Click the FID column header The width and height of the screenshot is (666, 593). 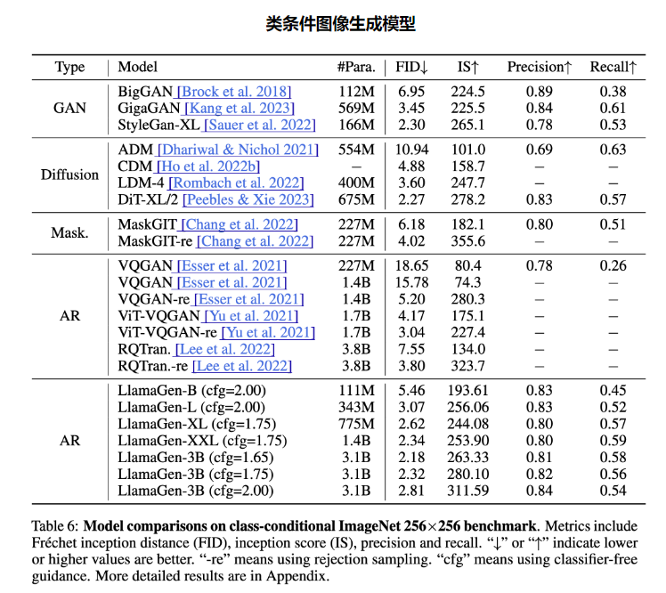pos(411,68)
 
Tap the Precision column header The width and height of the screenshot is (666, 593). pos(539,68)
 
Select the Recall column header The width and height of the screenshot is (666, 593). pos(613,68)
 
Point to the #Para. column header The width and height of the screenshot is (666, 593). pos(355,68)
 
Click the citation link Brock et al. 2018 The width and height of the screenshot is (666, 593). pos(234,92)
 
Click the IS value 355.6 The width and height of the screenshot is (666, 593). pos(468,241)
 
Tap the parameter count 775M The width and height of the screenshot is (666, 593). pos(356,424)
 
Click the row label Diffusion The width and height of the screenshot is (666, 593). pos(69,175)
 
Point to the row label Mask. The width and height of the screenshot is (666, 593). pos(69,233)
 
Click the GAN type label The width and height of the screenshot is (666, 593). pos(69,108)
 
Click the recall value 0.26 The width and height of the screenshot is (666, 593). pos(613,265)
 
